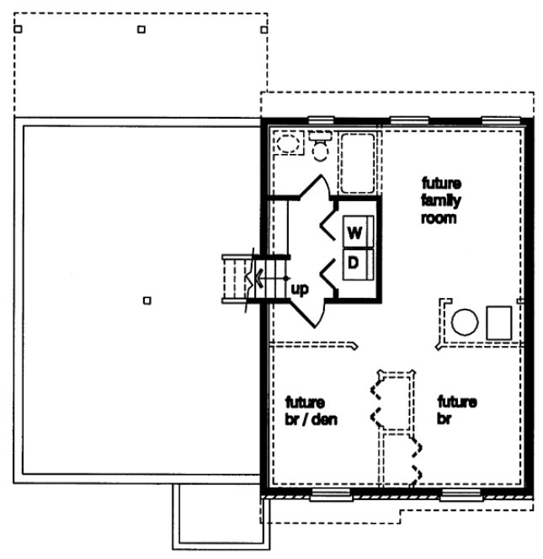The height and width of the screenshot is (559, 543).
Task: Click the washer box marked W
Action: (x=354, y=232)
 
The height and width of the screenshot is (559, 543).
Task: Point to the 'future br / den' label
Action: (x=311, y=410)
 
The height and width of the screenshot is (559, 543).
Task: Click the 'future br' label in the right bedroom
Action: (x=456, y=410)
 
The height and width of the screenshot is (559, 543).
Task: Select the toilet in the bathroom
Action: (x=320, y=146)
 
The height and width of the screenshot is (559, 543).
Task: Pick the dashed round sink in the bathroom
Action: (x=289, y=144)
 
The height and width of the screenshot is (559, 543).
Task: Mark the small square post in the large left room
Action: (x=147, y=300)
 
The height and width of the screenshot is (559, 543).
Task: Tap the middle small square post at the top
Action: (x=141, y=29)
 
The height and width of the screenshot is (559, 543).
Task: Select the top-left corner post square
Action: (x=19, y=28)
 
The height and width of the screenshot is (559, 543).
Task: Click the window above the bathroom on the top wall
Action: (x=320, y=120)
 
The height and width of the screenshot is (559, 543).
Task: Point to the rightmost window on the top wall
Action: (x=500, y=120)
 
